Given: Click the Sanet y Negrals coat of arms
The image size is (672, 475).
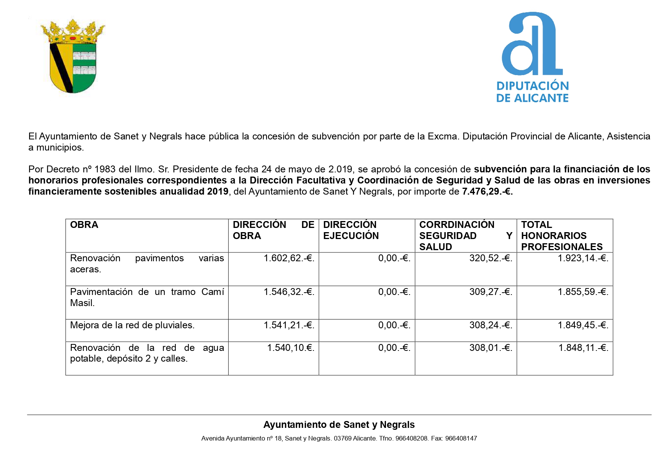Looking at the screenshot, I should [73, 56].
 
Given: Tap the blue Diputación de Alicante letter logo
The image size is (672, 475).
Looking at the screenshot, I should [532, 44].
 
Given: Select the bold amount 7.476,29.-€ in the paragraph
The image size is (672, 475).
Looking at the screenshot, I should [487, 192].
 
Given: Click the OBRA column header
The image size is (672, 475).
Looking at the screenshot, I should [84, 225].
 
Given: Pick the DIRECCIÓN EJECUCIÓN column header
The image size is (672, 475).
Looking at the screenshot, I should [351, 230].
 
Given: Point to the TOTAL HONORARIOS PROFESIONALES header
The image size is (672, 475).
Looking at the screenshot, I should [562, 236].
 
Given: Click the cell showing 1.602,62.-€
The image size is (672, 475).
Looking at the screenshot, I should [289, 259].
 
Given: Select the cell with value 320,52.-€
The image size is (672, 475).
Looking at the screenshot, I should [491, 259].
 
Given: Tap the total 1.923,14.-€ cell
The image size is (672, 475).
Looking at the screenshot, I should [583, 259].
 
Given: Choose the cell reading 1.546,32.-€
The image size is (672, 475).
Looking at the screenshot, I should [289, 292].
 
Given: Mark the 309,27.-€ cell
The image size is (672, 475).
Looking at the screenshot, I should [491, 292].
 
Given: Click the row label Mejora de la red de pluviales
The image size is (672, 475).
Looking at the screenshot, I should [132, 325].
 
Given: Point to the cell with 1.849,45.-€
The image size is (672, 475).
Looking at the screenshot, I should [583, 325].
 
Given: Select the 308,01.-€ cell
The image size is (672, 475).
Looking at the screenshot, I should [491, 348].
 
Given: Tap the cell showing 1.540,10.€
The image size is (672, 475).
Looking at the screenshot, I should [291, 348].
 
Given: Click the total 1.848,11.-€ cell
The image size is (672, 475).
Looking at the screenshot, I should [583, 348].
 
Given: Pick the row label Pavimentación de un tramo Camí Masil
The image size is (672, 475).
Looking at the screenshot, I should [147, 297].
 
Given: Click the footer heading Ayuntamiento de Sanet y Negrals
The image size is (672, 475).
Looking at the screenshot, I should [339, 425].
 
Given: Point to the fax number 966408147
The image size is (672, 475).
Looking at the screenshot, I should [461, 439].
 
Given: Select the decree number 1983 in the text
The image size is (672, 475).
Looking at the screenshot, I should [105, 169].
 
